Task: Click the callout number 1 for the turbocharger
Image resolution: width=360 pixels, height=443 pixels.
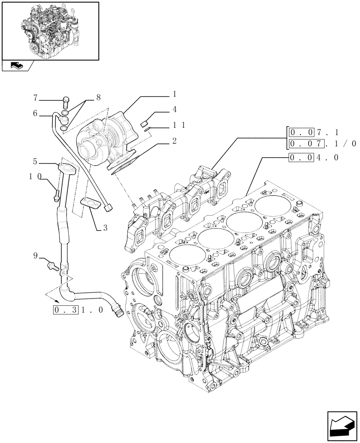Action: pyautogui.click(x=175, y=94)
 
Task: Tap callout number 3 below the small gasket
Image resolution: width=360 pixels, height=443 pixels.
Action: pyautogui.click(x=105, y=229)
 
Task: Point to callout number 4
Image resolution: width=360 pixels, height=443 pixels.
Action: pyautogui.click(x=175, y=109)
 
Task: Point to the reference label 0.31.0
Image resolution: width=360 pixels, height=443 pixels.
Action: pyautogui.click(x=78, y=310)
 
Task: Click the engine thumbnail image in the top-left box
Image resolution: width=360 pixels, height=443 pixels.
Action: pyautogui.click(x=50, y=30)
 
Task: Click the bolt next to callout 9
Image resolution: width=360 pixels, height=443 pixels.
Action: pyautogui.click(x=52, y=265)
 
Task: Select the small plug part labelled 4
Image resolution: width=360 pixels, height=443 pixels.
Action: pyautogui.click(x=144, y=124)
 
